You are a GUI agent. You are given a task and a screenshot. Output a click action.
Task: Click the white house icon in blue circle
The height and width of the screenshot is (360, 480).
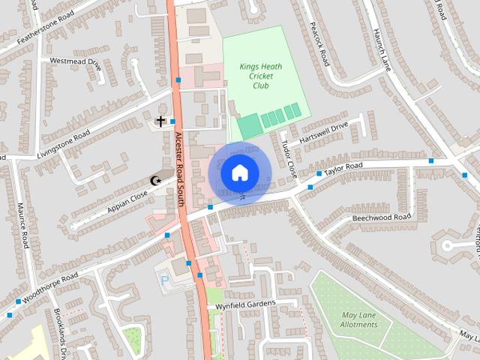point(238,172)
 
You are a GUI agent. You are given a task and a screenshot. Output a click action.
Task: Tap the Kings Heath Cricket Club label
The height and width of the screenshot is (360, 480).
point(256,76)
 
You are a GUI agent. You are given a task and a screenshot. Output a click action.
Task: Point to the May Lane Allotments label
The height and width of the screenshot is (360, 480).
point(358,320)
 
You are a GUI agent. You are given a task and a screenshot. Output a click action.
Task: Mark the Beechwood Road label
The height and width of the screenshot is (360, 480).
point(382,217)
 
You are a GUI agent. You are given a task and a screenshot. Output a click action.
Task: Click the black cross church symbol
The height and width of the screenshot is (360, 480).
point(160,120)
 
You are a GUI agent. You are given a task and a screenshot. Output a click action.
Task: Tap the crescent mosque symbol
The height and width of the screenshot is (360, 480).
point(156,180)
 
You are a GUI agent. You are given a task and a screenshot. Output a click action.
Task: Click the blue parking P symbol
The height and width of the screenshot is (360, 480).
point(165,280)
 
